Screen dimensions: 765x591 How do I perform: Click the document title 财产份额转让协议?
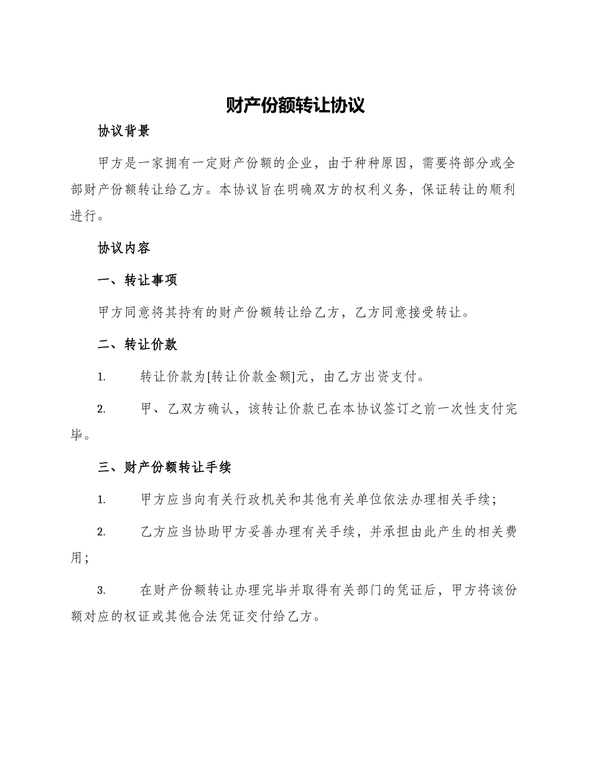[x=295, y=105]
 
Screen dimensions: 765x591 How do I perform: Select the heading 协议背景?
[x=124, y=131]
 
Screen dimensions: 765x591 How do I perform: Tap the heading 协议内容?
[x=124, y=248]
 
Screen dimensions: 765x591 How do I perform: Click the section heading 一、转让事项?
[x=137, y=280]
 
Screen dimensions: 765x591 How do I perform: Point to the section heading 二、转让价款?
[x=137, y=345]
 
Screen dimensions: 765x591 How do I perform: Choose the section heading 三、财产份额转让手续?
[x=165, y=467]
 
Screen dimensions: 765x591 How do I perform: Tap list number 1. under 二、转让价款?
[x=101, y=378]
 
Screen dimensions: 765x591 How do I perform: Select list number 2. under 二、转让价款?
[x=101, y=409]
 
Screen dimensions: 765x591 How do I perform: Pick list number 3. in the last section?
[x=101, y=590]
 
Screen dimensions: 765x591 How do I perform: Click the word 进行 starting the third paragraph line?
[x=83, y=216]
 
